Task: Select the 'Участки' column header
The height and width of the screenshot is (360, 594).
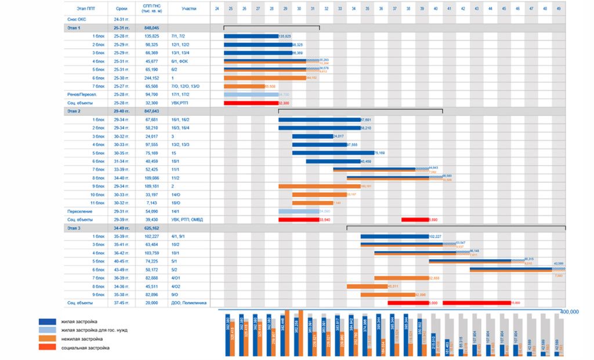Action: tap(189, 9)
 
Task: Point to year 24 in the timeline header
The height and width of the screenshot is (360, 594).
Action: tap(217, 9)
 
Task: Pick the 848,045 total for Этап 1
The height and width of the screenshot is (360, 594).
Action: tap(152, 27)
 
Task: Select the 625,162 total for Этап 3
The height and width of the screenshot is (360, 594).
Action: tap(152, 228)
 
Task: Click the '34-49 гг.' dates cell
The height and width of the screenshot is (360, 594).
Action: tap(122, 228)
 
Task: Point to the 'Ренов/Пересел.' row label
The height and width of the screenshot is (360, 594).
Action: tap(80, 94)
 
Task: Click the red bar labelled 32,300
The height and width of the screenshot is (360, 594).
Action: tap(251, 103)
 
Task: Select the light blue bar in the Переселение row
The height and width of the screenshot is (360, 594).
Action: tap(299, 212)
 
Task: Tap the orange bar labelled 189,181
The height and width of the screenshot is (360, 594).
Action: tap(319, 186)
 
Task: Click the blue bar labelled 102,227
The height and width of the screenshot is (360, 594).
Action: tap(394, 237)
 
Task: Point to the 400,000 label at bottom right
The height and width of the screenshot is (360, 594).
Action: tap(570, 312)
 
